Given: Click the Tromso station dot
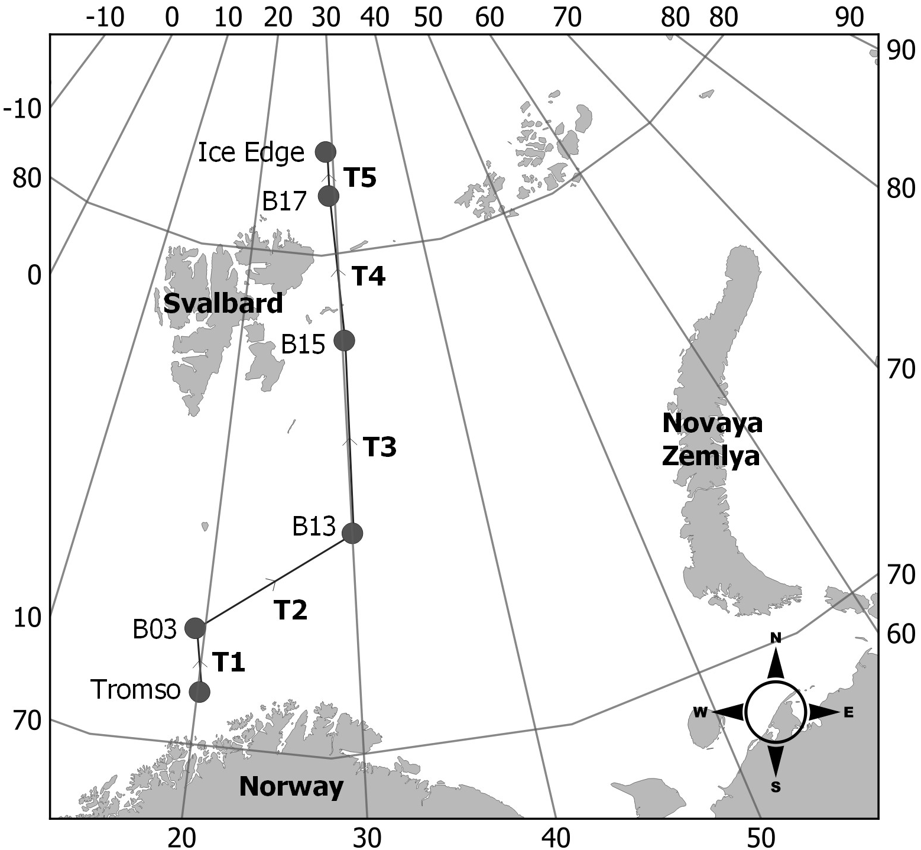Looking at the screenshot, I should coord(200,691).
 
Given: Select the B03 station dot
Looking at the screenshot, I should coord(195,628).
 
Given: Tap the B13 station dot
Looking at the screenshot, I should coord(352,533).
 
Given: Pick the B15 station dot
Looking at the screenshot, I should coord(344,340).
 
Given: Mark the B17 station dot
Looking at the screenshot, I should coord(329,196).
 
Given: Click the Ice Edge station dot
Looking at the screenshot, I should coord(325,151).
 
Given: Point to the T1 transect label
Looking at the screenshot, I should coord(228,663).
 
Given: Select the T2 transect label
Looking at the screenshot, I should coord(291,609).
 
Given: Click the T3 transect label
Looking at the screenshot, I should coord(379,447).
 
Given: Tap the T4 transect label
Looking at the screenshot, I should coord(368,276).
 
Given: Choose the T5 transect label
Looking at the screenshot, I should coord(359,177).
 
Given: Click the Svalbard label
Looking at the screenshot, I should coord(223,303).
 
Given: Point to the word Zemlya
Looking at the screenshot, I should coord(711,457).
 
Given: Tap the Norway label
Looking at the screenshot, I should coord(291,787).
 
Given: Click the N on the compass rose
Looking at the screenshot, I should coord(776,637).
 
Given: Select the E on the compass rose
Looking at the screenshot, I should coord(849,712).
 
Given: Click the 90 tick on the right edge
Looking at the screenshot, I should coord(900,51).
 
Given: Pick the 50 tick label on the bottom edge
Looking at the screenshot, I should coord(760,834).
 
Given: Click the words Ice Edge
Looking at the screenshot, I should coord(251,153).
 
